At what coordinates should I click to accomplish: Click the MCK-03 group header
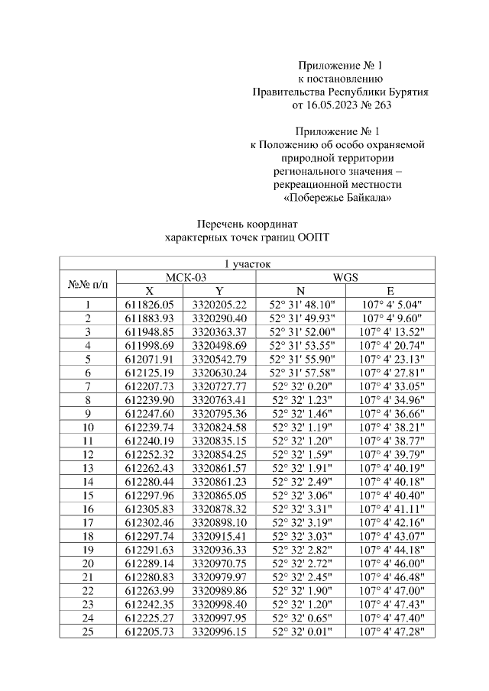[x=186, y=277]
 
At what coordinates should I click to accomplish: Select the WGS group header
[x=346, y=277]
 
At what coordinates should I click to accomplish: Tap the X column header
[x=150, y=291]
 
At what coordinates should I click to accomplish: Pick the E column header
[x=390, y=291]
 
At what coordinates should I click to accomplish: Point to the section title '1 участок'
[x=247, y=264]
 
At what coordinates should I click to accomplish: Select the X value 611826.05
[x=150, y=304]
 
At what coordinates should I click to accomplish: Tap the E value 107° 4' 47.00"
[x=390, y=592]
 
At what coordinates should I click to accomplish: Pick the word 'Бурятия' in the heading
[x=407, y=92]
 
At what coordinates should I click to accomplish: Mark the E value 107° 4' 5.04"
[x=390, y=304]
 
